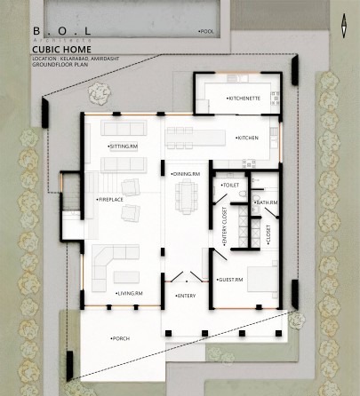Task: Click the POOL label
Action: point(207,31)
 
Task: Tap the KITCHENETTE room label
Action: point(244,97)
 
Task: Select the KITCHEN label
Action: point(247,138)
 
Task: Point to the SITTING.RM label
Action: point(123,144)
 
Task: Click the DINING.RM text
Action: point(187,174)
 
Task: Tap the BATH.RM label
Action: point(266,202)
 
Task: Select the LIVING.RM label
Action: point(129,292)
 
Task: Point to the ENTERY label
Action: point(186,294)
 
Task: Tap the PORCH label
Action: point(120,338)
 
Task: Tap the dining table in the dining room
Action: point(188,196)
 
